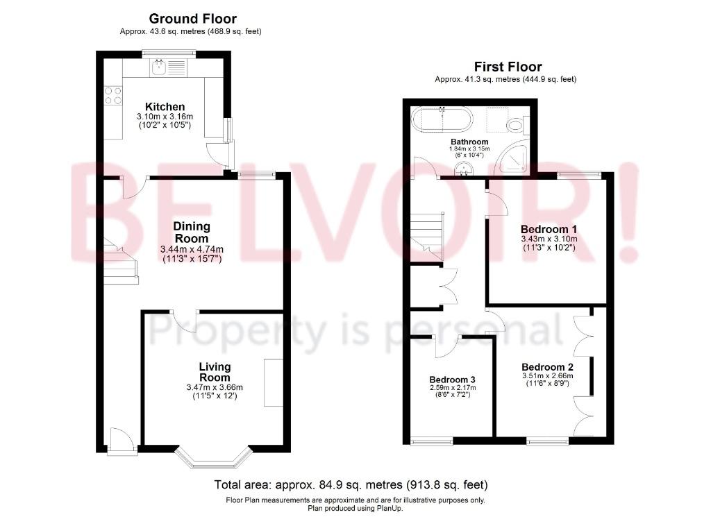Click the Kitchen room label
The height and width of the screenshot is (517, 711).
point(165,107)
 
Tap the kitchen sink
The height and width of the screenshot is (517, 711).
point(168,68)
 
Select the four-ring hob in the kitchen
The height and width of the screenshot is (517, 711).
point(113,96)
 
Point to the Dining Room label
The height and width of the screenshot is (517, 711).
point(192,232)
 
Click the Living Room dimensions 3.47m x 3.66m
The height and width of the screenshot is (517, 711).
point(215,387)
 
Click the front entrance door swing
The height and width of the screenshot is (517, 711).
point(122,440)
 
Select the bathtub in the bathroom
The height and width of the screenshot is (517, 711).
point(442,119)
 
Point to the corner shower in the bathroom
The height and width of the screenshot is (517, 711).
point(513,158)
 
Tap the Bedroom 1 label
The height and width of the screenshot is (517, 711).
point(549,229)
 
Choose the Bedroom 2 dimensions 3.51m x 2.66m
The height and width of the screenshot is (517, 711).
point(547,376)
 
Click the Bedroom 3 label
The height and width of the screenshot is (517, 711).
point(452,380)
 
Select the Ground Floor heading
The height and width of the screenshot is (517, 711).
point(193,19)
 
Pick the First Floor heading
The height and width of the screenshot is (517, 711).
point(508,67)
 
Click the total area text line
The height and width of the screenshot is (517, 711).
point(351,485)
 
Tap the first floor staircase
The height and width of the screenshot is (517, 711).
point(427,237)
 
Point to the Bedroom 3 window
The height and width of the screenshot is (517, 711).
point(432,441)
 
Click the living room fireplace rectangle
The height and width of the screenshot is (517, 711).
point(274,383)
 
